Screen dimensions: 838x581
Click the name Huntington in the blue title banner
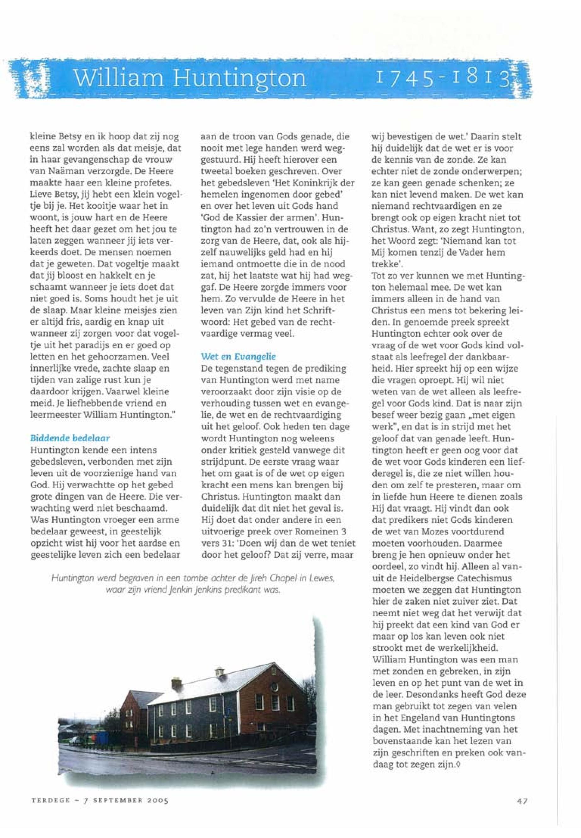tap(240, 77)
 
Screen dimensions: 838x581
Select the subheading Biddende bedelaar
tap(70, 438)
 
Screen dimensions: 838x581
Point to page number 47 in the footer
tap(522, 801)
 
